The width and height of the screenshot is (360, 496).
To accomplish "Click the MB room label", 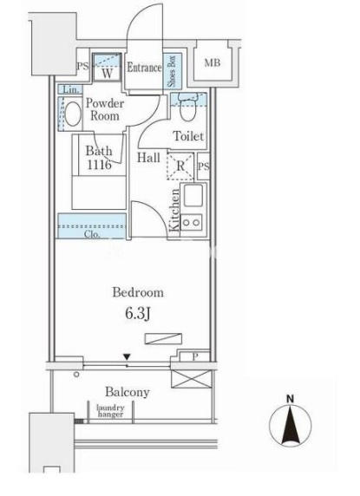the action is [212, 63].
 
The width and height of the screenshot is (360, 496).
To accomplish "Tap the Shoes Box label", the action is [172, 71].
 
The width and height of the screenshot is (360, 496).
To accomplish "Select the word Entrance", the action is [144, 68].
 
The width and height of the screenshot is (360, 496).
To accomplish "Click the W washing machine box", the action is [107, 68].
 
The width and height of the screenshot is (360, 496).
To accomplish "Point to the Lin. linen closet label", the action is [71, 89].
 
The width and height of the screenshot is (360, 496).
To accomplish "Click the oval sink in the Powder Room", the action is [73, 114].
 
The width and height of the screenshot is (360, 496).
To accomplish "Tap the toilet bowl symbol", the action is [187, 110].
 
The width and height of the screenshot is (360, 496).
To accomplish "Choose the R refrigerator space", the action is [180, 166].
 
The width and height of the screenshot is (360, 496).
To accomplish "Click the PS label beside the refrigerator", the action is [203, 166].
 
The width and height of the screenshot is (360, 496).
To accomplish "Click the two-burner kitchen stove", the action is [191, 222].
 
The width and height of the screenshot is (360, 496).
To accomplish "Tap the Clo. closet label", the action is [92, 234].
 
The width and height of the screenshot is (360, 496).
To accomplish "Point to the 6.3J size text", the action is [137, 314].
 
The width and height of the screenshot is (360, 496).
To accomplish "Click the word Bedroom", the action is [138, 292].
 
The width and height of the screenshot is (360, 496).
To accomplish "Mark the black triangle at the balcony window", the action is [127, 356].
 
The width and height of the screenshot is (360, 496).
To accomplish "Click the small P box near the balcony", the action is [194, 356].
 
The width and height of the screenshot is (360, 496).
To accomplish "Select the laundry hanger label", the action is [110, 411].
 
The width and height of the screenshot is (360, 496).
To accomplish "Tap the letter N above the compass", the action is [290, 399].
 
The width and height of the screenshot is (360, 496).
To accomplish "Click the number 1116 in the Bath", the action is [99, 165].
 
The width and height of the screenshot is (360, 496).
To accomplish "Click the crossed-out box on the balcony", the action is [191, 379].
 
